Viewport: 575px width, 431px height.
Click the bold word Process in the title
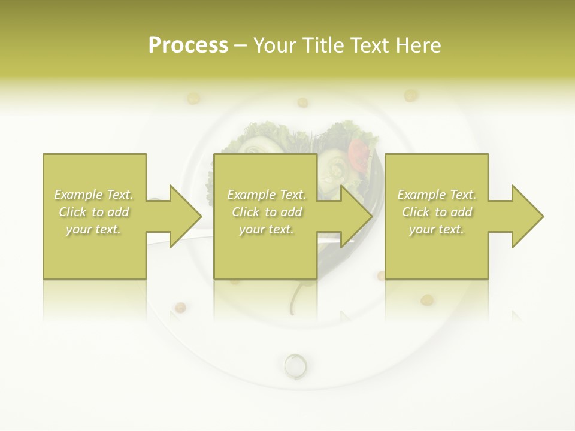pos(188,45)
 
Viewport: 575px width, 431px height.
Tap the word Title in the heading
pos(322,45)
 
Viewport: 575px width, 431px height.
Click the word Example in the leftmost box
pos(78,195)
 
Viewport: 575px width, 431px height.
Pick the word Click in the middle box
pos(245,212)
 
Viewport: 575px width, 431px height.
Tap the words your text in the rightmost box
pos(436,229)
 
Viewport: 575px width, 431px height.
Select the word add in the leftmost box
pos(118,212)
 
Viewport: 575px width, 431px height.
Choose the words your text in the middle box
pos(266,229)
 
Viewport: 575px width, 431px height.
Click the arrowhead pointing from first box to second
pos(185,216)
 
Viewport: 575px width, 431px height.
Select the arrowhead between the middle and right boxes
pos(356,216)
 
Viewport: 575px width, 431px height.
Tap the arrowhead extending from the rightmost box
pos(528,216)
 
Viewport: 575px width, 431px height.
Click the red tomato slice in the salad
pos(358,154)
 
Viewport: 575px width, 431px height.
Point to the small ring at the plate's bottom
pos(295,363)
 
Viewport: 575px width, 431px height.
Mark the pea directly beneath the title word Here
pos(410,95)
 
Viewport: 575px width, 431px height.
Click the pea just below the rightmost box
pos(426,299)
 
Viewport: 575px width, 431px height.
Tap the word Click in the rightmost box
pos(415,212)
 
